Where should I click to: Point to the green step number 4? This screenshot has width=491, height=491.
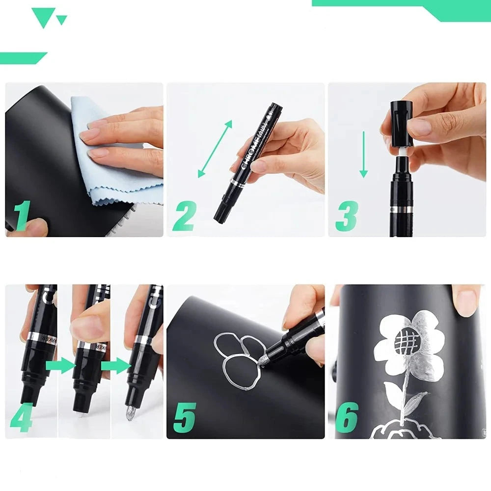pyautogui.click(x=21, y=417)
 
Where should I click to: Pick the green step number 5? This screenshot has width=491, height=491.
pyautogui.click(x=184, y=417)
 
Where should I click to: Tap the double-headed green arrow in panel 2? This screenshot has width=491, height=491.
pyautogui.click(x=215, y=149)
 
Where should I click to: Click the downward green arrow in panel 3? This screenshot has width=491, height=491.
pyautogui.click(x=363, y=154)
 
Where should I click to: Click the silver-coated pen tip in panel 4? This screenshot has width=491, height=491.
pyautogui.click(x=130, y=412)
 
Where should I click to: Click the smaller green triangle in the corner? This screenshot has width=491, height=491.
pyautogui.click(x=61, y=20)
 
